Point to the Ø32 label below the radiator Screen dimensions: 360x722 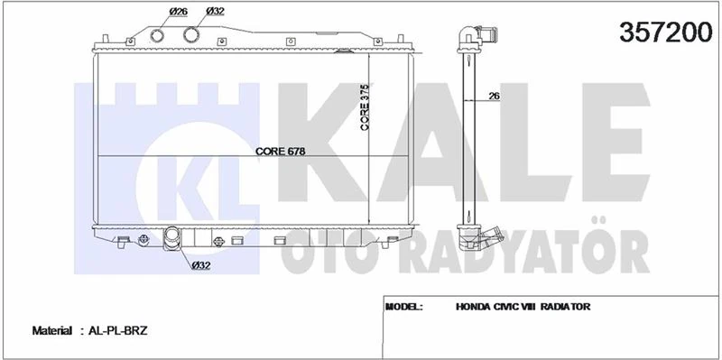[201, 264]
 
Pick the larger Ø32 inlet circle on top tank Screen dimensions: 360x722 [192, 35]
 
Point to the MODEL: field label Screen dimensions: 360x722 [405, 307]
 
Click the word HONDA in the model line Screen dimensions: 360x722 [474, 307]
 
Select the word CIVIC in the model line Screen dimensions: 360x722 [514, 307]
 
